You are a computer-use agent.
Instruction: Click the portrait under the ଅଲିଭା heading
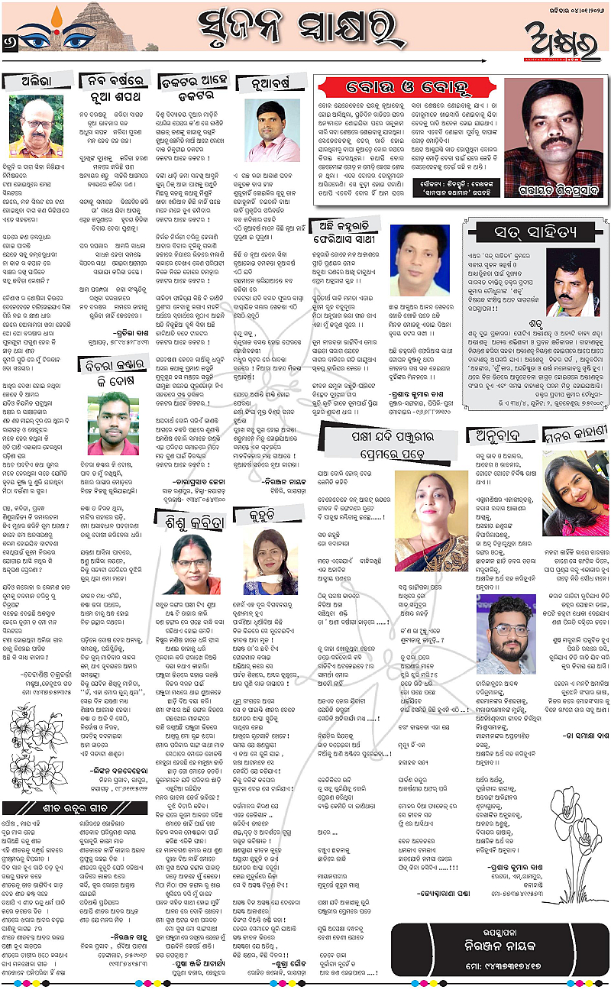point(38,126)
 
